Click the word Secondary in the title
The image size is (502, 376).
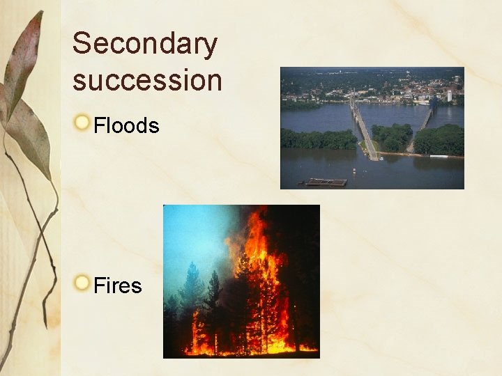pyautogui.click(x=145, y=45)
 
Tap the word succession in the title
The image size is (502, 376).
pyautogui.click(x=147, y=79)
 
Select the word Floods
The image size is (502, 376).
pyautogui.click(x=126, y=126)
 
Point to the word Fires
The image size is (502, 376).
pyautogui.click(x=117, y=285)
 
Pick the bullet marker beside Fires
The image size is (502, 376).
pyautogui.click(x=83, y=283)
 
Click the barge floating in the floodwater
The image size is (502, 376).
pyautogui.click(x=326, y=182)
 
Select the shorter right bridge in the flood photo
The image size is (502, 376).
pyautogui.click(x=424, y=123)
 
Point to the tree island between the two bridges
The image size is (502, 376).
pyautogui.click(x=392, y=136)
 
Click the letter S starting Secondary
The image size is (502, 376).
pyautogui.click(x=82, y=44)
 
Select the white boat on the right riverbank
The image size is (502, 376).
pyautogui.click(x=439, y=157)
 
